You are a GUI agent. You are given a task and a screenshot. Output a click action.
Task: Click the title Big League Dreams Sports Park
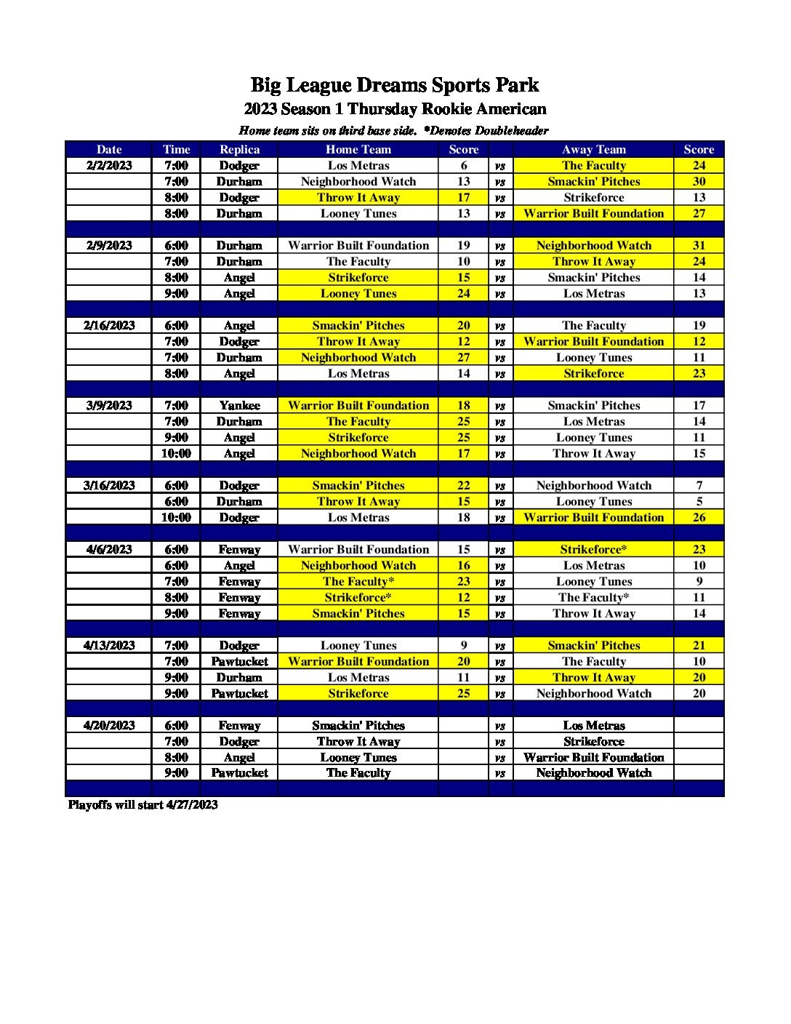click(x=395, y=85)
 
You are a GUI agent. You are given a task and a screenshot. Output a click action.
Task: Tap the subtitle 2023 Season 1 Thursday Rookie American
click(x=395, y=109)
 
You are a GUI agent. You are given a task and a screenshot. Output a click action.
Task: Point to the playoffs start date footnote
click(x=143, y=804)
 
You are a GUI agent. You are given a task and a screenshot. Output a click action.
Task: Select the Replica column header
click(x=239, y=149)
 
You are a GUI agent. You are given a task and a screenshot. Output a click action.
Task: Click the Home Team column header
click(x=358, y=149)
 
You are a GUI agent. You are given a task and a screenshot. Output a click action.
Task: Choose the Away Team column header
click(x=593, y=149)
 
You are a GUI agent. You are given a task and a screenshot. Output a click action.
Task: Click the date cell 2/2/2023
click(x=109, y=165)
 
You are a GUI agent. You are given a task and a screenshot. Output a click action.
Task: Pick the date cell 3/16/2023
click(x=109, y=485)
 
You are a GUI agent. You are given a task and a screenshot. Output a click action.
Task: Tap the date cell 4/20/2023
click(x=109, y=725)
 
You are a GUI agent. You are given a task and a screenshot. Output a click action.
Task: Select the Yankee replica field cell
click(x=239, y=405)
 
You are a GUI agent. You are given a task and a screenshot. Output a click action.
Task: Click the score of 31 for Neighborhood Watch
click(x=699, y=245)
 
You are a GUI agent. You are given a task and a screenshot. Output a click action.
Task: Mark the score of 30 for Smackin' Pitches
click(x=699, y=181)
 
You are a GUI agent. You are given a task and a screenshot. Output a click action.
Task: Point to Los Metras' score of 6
click(x=464, y=165)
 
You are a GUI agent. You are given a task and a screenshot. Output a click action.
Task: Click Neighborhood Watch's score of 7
click(x=699, y=485)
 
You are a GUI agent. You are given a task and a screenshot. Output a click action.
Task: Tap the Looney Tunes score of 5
click(x=699, y=501)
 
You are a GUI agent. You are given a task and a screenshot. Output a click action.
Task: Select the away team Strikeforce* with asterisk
click(x=593, y=549)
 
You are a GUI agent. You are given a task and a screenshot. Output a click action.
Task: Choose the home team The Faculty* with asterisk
click(x=358, y=581)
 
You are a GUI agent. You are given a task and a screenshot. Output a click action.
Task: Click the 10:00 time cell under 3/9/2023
click(x=176, y=453)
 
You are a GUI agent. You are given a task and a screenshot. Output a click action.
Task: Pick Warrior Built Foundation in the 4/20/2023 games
click(x=593, y=757)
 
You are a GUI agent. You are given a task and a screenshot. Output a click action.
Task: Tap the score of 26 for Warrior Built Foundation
click(x=699, y=517)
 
